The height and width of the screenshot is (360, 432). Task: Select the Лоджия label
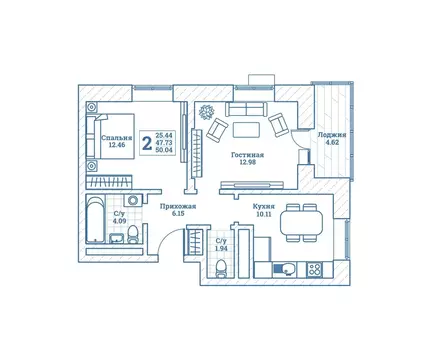click(x=332, y=134)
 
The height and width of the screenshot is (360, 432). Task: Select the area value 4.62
click(x=332, y=144)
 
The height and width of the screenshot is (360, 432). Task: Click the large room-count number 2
click(x=147, y=143)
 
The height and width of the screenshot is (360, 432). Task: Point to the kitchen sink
click(x=285, y=267)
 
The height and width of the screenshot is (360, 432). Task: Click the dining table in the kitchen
click(x=295, y=220)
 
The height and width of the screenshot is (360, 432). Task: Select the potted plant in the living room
click(x=207, y=110)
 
